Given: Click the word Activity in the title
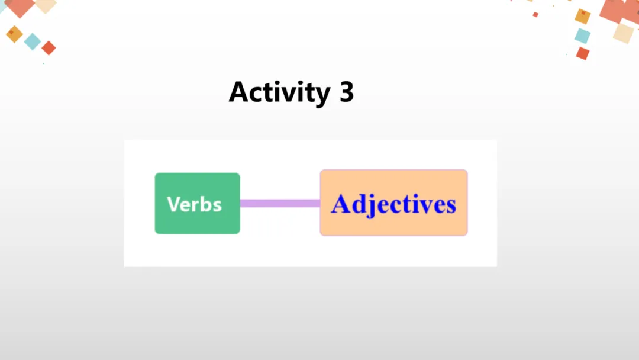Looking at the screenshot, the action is point(279,92).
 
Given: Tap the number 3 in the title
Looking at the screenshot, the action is point(347,92).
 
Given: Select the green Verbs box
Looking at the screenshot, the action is point(197,203).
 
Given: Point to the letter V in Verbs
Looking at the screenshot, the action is point(173,204).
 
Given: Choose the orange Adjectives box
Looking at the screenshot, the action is point(393,202).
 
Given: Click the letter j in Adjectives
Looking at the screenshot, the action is point(372,205).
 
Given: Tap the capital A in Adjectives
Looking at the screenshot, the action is point(343,204).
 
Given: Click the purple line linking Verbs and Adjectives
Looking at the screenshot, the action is point(280,203).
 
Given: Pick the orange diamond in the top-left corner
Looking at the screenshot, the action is point(14,34).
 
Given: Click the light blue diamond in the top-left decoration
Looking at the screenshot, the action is point(33,41).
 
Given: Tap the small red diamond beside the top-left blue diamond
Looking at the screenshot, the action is point(49,48).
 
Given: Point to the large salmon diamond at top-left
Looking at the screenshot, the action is point(21,7).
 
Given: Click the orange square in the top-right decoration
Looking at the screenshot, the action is point(583,17).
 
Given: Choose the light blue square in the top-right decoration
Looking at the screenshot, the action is point(582,36).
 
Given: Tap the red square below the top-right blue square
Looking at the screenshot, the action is point(583,53).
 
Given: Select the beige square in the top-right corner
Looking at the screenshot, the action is point(623,33).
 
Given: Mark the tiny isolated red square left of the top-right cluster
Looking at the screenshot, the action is point(535,14).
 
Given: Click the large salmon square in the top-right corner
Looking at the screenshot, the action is point(618,9).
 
